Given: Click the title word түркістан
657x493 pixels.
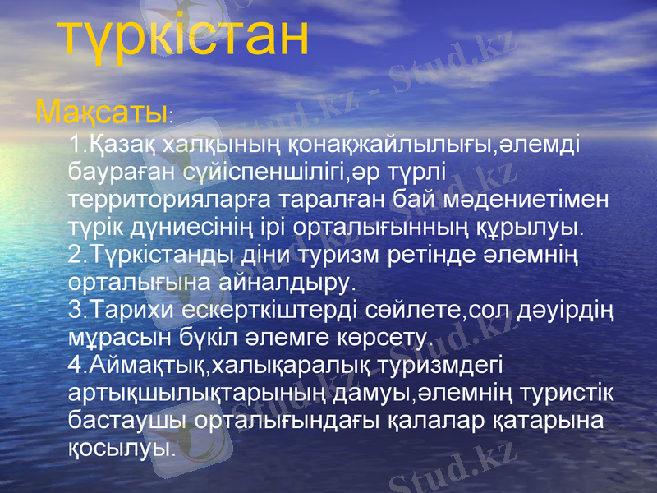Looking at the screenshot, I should tap(186, 38).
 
